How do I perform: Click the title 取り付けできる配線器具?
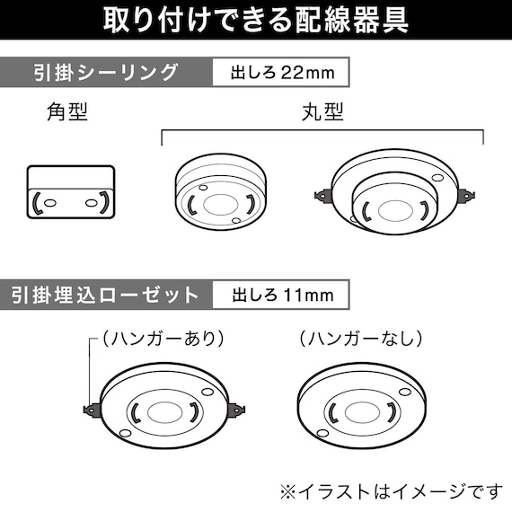pyautogui.click(x=256, y=20)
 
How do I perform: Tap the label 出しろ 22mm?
pyautogui.click(x=279, y=73)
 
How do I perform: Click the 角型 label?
pyautogui.click(x=68, y=114)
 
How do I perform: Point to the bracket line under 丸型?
pyautogui.click(x=322, y=132)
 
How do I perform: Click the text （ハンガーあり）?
pyautogui.click(x=162, y=340)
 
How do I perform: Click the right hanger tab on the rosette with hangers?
pyautogui.click(x=237, y=410)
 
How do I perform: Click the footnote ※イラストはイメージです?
pyautogui.click(x=391, y=490)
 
